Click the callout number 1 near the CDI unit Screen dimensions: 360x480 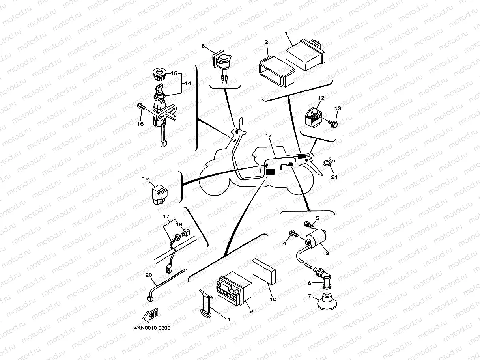coord(286,34)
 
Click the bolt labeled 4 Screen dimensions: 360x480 coord(293,234)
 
